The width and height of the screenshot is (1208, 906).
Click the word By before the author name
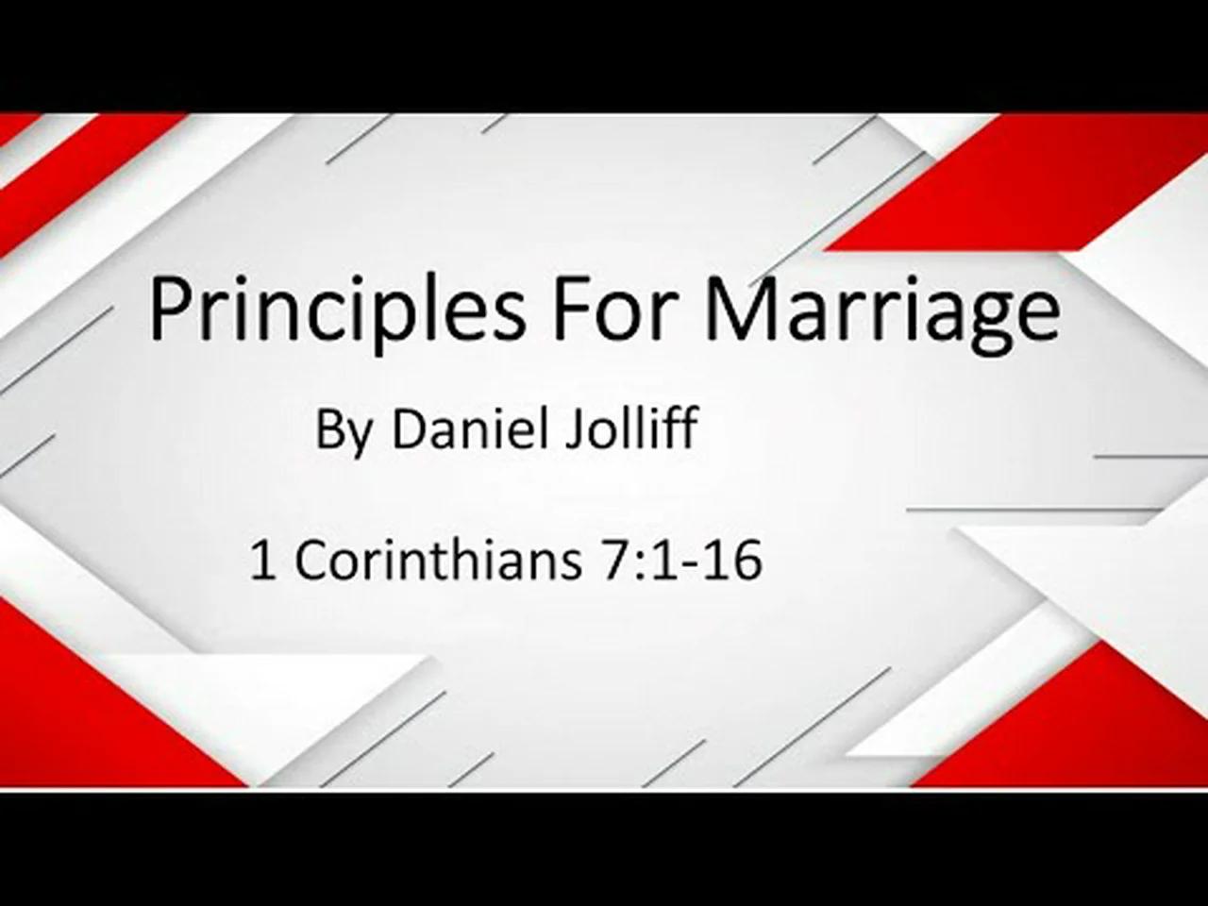[344, 431]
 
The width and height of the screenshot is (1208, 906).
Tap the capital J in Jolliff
[572, 429]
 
